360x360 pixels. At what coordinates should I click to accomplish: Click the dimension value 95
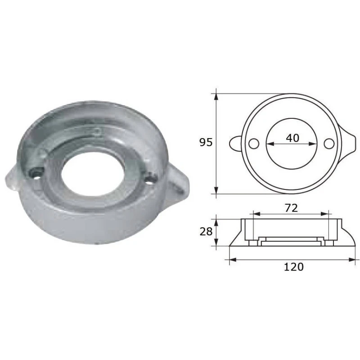click(206, 143)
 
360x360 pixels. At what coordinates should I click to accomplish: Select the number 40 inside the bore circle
click(292, 138)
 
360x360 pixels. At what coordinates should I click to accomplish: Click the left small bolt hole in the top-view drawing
click(254, 144)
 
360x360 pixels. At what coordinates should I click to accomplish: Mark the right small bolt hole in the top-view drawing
click(329, 144)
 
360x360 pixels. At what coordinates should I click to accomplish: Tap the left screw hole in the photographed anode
click(35, 172)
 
